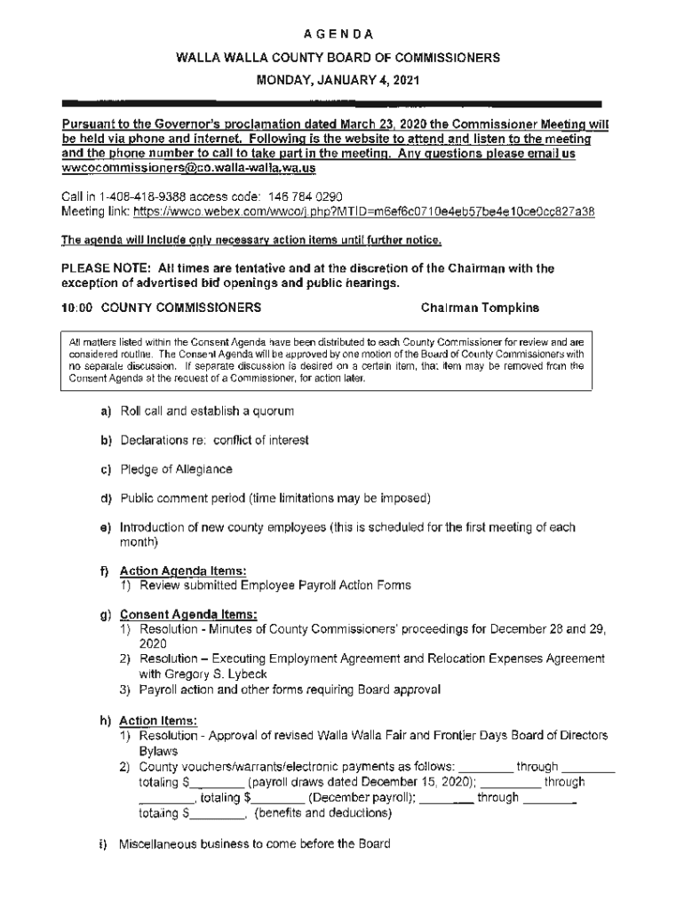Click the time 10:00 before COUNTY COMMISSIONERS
pyautogui.click(x=77, y=308)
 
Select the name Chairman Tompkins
pyautogui.click(x=480, y=308)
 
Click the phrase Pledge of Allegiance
pyautogui.click(x=177, y=469)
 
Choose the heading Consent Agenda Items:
pyautogui.click(x=188, y=613)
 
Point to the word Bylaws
pyautogui.click(x=159, y=751)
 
